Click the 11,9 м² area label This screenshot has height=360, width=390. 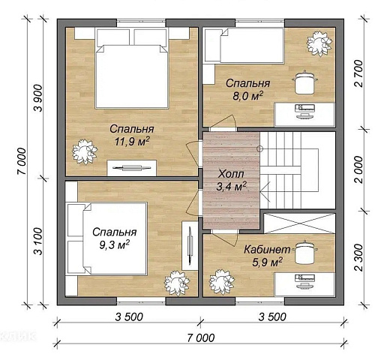point(132,142)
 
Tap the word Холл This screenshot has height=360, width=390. point(231,174)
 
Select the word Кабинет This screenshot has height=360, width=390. point(267,250)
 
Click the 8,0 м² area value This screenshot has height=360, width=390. point(247,96)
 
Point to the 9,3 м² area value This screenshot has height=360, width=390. point(114,244)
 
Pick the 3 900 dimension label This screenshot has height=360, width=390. point(38,98)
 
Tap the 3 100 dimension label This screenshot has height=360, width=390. point(38,241)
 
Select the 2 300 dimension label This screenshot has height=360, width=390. point(358,257)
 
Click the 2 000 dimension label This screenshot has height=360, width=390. point(358,169)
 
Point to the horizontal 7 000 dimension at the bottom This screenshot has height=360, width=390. point(200,338)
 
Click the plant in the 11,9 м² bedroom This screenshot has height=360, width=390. point(84,152)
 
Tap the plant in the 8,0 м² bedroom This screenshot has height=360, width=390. point(319,43)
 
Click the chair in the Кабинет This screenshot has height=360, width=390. point(304,252)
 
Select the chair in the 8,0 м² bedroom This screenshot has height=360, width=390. point(304,82)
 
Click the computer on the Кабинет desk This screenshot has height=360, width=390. point(305,281)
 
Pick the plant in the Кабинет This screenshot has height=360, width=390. point(221,282)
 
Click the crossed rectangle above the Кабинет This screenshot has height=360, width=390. point(299,223)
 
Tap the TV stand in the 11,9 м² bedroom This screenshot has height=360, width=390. point(132,168)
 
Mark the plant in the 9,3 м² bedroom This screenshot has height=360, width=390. point(177,283)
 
